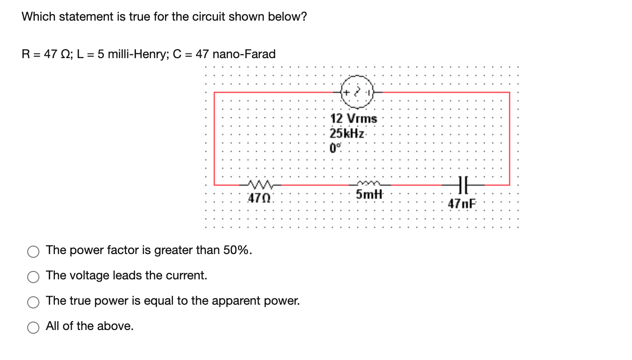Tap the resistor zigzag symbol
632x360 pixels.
tap(259, 184)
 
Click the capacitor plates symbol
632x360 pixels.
tap(462, 184)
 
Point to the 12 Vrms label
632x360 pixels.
tap(354, 119)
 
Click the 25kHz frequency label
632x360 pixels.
tap(347, 133)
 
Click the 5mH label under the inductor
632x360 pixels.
tap(369, 194)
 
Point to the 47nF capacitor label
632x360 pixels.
tap(462, 204)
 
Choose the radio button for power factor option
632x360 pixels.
tap(33, 252)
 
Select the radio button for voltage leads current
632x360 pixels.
tap(33, 277)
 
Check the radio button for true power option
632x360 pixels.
tap(33, 302)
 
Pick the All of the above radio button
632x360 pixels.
tap(33, 328)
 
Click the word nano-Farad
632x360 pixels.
tap(244, 54)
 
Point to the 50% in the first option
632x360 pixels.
tap(237, 250)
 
